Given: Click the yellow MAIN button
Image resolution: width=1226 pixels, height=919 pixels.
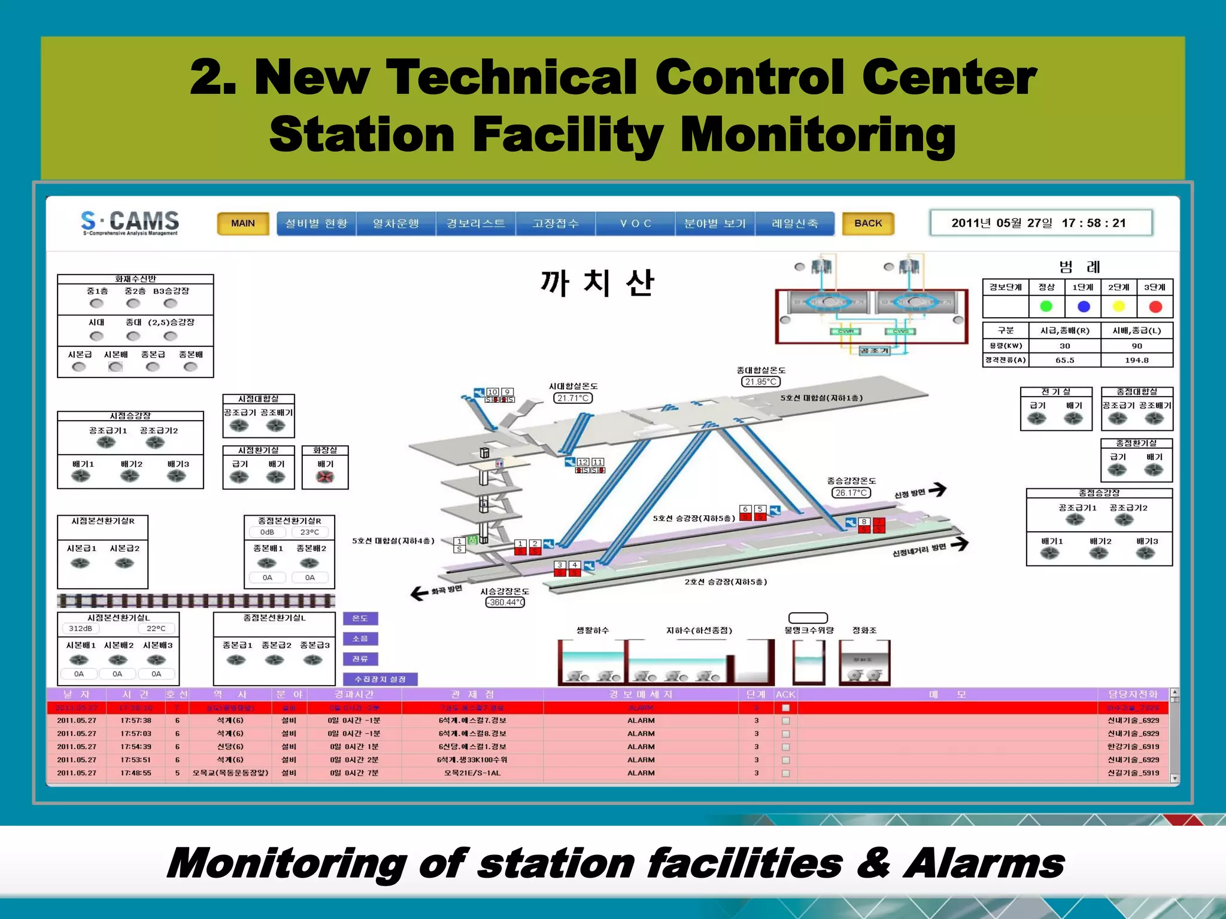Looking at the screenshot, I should click(242, 223).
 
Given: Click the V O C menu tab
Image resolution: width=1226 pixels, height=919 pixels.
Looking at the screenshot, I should click(635, 223).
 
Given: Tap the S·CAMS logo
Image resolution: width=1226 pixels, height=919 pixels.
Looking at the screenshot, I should click(130, 222).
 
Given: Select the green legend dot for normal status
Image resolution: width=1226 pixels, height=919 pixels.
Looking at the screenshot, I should click(1046, 306).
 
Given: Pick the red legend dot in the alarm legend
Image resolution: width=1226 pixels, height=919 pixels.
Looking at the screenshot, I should click(1155, 306).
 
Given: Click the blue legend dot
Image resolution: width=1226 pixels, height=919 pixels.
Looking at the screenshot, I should click(1084, 306).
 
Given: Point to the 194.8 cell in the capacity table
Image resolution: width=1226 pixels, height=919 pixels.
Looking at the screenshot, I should click(1136, 360).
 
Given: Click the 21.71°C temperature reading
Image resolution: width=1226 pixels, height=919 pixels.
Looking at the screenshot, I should click(573, 398).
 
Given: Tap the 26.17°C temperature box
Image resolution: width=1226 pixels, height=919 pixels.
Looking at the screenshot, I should click(851, 492).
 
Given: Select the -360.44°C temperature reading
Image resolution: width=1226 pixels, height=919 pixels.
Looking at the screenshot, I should click(505, 602).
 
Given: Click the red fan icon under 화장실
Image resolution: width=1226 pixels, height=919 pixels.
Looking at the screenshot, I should click(324, 477).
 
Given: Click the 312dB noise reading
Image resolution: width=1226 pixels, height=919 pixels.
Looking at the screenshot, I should click(80, 628).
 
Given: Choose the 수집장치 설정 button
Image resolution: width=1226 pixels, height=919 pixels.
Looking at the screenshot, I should click(380, 679).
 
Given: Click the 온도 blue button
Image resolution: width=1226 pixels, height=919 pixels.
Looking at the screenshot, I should click(360, 618).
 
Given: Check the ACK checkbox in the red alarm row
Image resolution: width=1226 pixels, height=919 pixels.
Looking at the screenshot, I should click(785, 708).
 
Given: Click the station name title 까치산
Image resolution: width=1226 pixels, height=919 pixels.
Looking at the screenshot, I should click(597, 282).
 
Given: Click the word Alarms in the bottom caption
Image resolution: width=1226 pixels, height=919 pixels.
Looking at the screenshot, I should click(983, 863).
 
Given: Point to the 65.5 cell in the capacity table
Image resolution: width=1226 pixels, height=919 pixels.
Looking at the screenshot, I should click(1064, 360).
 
